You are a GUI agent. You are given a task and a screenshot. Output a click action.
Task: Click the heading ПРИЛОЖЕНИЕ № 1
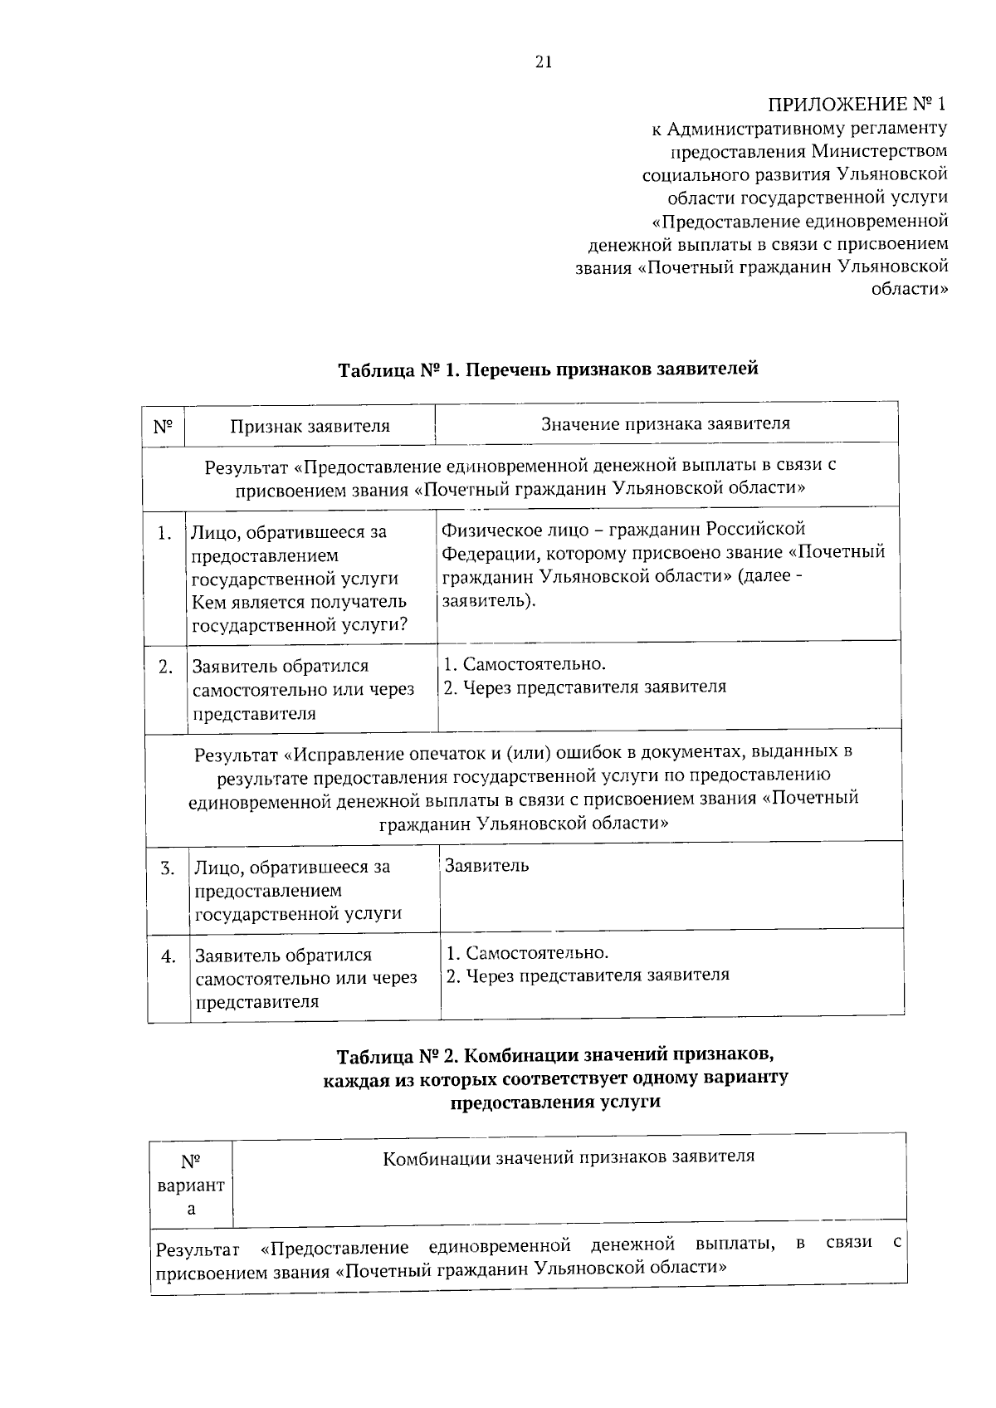click(x=857, y=105)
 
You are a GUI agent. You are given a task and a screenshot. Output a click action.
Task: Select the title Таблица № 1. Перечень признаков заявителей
click(x=548, y=369)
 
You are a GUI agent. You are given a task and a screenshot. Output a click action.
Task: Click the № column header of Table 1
click(x=163, y=426)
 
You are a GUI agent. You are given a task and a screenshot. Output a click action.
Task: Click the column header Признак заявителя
click(x=310, y=427)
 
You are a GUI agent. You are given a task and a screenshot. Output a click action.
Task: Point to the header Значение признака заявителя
click(x=666, y=423)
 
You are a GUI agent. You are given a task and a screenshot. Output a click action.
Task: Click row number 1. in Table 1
click(x=165, y=532)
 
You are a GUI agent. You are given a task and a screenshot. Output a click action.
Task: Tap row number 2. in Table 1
click(x=166, y=666)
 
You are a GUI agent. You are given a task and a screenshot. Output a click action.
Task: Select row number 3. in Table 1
click(x=168, y=868)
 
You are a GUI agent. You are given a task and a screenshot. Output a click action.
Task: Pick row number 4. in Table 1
click(x=168, y=956)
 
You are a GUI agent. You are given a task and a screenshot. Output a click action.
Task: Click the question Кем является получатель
click(x=299, y=602)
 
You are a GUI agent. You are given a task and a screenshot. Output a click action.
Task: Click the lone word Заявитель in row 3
click(x=487, y=866)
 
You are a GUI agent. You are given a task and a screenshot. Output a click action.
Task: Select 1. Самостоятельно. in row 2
click(x=525, y=664)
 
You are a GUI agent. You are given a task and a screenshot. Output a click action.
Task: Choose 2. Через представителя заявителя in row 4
click(x=588, y=975)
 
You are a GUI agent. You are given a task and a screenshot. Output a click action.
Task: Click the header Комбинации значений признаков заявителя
click(x=569, y=1156)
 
